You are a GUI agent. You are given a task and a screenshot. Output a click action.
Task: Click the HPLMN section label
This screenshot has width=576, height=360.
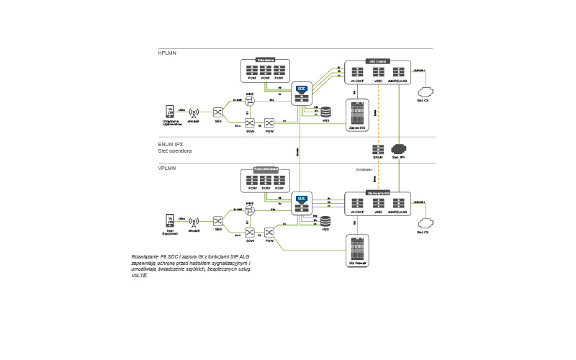(x=167, y=53)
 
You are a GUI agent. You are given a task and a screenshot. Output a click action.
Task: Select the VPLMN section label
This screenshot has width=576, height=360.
(x=167, y=168)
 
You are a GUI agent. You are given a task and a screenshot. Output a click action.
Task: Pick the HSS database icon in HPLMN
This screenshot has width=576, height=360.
(x=325, y=112)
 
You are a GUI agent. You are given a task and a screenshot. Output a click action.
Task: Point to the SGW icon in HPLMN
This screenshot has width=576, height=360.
(x=250, y=123)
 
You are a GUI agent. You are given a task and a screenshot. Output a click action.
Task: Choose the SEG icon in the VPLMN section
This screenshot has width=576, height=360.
(x=217, y=220)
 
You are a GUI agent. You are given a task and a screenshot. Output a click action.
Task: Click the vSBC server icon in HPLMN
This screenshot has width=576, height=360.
(x=378, y=72)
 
